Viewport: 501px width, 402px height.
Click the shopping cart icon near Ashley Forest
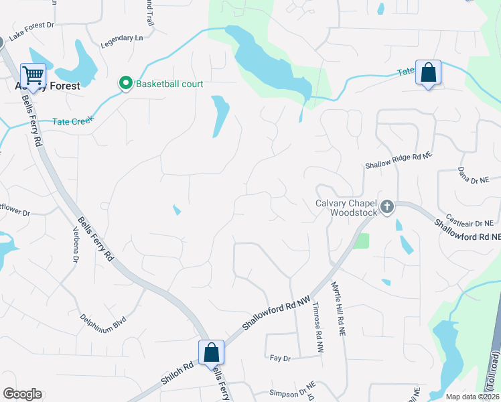point(33,74)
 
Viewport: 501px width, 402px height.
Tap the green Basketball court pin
point(125,83)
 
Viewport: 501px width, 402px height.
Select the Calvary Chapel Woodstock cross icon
point(386,207)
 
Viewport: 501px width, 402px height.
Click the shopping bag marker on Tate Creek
point(428,72)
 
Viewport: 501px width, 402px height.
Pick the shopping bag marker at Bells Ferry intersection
point(211,351)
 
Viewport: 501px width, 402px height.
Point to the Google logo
point(22,394)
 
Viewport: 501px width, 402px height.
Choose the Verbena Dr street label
point(76,245)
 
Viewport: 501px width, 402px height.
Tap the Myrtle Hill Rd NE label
point(338,308)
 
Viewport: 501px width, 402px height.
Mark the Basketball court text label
point(169,84)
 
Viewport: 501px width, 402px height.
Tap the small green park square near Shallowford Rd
point(361,241)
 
